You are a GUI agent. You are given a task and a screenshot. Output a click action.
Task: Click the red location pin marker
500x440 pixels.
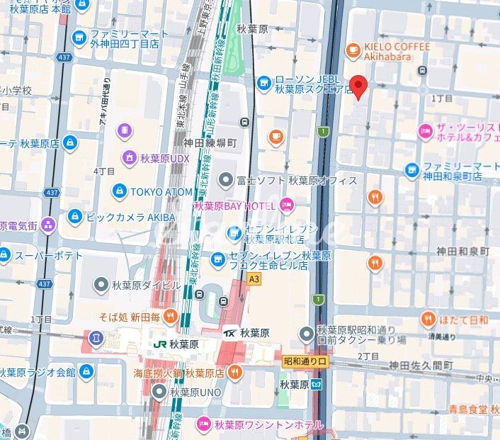tap(359, 87)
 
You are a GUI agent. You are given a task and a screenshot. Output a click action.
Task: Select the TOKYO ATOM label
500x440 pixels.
tap(161, 191)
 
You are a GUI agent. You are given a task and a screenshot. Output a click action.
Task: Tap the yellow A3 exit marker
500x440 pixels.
tap(254, 279)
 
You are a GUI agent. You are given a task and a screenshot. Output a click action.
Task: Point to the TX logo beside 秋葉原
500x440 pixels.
tap(229, 332)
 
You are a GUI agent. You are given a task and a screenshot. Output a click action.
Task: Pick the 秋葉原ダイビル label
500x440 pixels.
tap(146, 286)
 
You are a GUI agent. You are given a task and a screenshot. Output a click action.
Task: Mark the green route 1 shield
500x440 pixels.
tap(323, 131)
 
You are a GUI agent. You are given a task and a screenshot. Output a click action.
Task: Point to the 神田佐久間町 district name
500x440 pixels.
tap(421, 366)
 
